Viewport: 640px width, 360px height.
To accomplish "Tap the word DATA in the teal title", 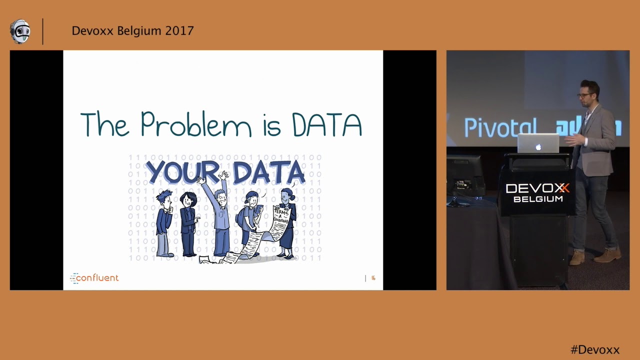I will click(326, 125).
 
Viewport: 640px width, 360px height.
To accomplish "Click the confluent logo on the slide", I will click(94, 278).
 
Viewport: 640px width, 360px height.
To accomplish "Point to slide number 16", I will click(373, 278).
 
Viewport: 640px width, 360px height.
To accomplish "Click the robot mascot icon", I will click(20, 31).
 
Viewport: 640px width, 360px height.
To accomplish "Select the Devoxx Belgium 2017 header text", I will click(132, 31).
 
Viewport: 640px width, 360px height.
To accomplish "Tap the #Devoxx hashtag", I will click(594, 349).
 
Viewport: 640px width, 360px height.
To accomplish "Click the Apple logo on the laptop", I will click(538, 147).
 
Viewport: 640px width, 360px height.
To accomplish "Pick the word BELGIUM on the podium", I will click(537, 199).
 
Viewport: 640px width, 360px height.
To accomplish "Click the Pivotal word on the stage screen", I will click(500, 127).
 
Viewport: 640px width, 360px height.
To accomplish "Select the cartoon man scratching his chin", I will click(163, 222).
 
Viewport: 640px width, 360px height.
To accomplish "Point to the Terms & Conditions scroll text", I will click(279, 215).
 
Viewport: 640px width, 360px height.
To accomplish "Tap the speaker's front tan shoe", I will click(577, 258).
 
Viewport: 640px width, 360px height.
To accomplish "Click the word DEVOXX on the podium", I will click(537, 188).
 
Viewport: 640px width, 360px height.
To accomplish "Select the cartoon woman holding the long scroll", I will click(288, 222).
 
